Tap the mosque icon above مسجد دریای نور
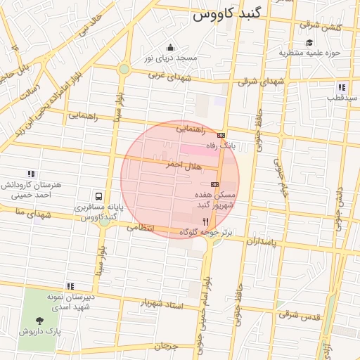[x=170, y=46]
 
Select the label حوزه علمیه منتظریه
[x=309, y=53]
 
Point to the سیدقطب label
[x=342, y=98]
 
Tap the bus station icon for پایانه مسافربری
[x=98, y=196]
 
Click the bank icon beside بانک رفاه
[x=221, y=135]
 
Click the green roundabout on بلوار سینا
[x=124, y=69]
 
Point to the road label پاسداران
[x=263, y=240]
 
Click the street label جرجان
[x=165, y=345]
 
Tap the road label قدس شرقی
[x=299, y=314]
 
